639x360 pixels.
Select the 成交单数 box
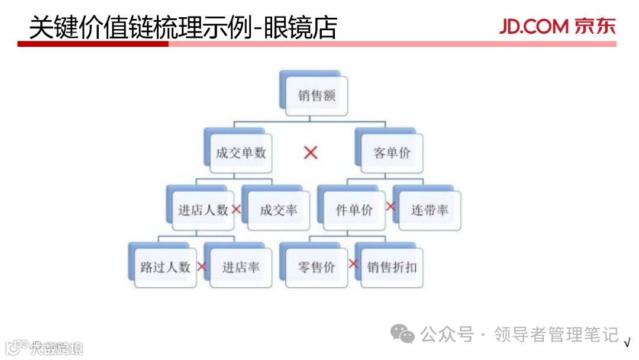[x=241, y=153]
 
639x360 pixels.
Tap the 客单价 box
[x=392, y=153]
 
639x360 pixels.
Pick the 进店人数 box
[x=203, y=210]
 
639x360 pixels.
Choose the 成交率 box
[x=279, y=210]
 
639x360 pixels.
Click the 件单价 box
[x=354, y=210]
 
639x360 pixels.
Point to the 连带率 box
[x=430, y=210]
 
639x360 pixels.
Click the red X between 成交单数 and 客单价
[x=311, y=153]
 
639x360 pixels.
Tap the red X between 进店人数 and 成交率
[x=236, y=209]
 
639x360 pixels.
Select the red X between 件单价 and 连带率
[x=390, y=206]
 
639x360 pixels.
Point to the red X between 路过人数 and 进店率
[x=202, y=266]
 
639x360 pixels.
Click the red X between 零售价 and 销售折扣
[x=354, y=263]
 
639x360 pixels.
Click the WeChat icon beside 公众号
[x=405, y=335]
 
